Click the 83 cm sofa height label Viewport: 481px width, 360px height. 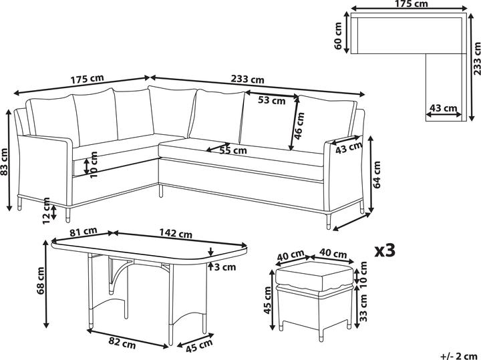[x=4, y=161]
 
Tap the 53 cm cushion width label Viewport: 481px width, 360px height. [x=271, y=100]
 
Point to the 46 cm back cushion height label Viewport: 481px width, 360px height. [x=299, y=126]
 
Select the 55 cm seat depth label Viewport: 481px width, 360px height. [x=233, y=150]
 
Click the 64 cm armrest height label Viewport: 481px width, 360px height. [x=377, y=174]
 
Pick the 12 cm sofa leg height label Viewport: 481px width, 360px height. [x=46, y=210]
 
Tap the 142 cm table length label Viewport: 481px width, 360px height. [x=176, y=234]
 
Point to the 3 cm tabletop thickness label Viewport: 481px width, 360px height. [x=225, y=267]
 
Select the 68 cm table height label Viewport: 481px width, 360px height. [x=41, y=281]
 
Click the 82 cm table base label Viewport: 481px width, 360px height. [x=122, y=343]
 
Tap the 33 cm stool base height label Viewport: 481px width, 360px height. [x=363, y=307]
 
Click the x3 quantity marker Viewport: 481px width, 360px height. [x=385, y=250]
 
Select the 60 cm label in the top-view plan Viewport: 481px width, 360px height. [x=338, y=35]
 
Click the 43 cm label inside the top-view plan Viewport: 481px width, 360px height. [x=444, y=108]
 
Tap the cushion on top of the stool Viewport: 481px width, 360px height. [x=315, y=276]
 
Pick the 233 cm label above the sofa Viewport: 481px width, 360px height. [x=247, y=79]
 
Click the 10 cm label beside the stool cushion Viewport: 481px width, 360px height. [x=363, y=274]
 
